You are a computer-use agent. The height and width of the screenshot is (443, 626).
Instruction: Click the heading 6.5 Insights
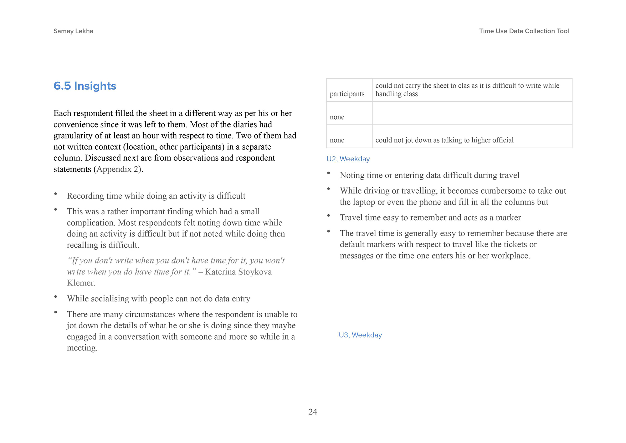coord(85,86)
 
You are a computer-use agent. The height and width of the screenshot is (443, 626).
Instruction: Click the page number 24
coord(313,412)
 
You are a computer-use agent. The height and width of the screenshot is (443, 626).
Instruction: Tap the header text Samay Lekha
coord(73,31)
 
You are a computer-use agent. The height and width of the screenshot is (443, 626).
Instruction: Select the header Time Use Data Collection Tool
coord(524,31)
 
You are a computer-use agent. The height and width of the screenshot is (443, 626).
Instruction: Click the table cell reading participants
coord(347,94)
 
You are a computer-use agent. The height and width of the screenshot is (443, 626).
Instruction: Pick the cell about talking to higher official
coord(444,140)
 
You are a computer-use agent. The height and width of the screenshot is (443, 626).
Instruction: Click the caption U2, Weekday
coord(348,159)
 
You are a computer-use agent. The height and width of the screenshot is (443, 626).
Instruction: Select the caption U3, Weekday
coord(360,335)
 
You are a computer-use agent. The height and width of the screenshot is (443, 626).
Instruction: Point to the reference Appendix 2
coord(118,169)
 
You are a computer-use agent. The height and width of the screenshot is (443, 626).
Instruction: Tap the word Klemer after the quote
coord(80,283)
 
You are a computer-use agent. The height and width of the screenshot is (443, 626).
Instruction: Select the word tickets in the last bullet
coord(515,244)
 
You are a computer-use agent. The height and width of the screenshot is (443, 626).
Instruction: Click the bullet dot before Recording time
coord(55,194)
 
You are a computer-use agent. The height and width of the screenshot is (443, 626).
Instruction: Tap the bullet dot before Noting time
coord(328,173)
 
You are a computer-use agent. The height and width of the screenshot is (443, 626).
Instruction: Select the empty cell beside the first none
coord(472,113)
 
